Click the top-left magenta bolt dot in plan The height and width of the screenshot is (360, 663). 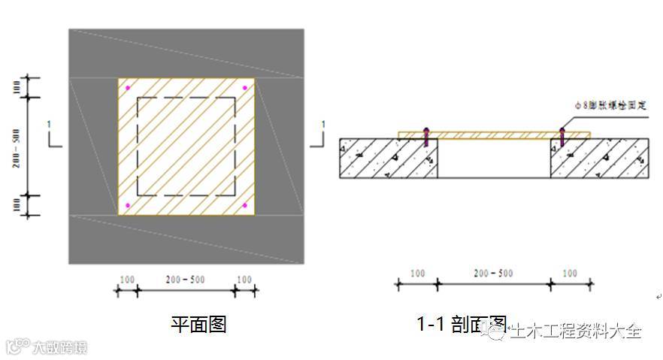tap(128, 89)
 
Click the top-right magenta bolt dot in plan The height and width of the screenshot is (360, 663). tap(245, 89)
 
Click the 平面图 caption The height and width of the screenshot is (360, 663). tap(198, 324)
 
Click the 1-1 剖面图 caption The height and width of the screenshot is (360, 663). tap(461, 324)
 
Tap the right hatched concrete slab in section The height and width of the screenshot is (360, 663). tap(600, 159)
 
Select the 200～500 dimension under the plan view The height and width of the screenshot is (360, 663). tap(185, 280)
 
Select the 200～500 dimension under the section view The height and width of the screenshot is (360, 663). tap(493, 274)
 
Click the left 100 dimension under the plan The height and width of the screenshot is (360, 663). tap(127, 280)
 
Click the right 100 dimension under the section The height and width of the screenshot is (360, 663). tap(570, 274)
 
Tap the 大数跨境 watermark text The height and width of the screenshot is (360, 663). tap(59, 348)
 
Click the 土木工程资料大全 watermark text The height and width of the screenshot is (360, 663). tap(576, 331)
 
